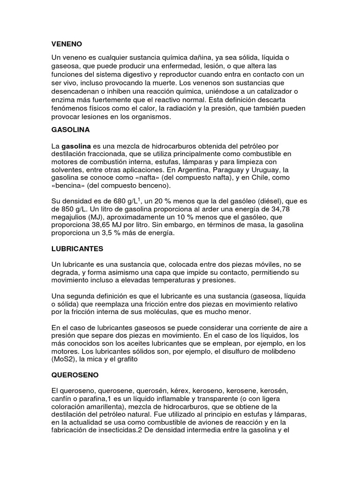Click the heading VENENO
[x=67, y=44]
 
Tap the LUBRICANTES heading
[x=77, y=248]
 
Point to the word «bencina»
[x=67, y=186]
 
